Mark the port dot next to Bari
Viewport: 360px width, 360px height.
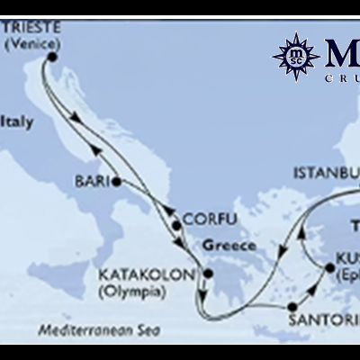point(117,181)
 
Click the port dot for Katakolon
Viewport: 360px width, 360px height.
point(208,274)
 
